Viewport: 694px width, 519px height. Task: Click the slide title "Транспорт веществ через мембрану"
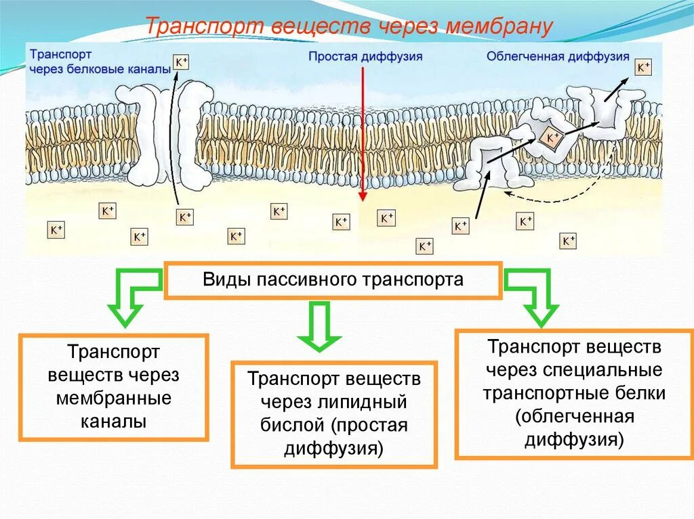[350, 28]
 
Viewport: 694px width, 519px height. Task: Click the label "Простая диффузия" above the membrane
[365, 57]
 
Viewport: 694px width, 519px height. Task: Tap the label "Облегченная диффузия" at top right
[558, 57]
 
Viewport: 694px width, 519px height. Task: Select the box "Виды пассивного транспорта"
[333, 280]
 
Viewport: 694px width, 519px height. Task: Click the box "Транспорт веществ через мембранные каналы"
[114, 387]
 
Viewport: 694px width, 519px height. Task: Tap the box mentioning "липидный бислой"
[334, 413]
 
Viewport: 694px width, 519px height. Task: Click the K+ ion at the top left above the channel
[182, 62]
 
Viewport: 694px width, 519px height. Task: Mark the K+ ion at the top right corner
[642, 68]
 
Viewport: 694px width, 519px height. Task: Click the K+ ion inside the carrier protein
[552, 139]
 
